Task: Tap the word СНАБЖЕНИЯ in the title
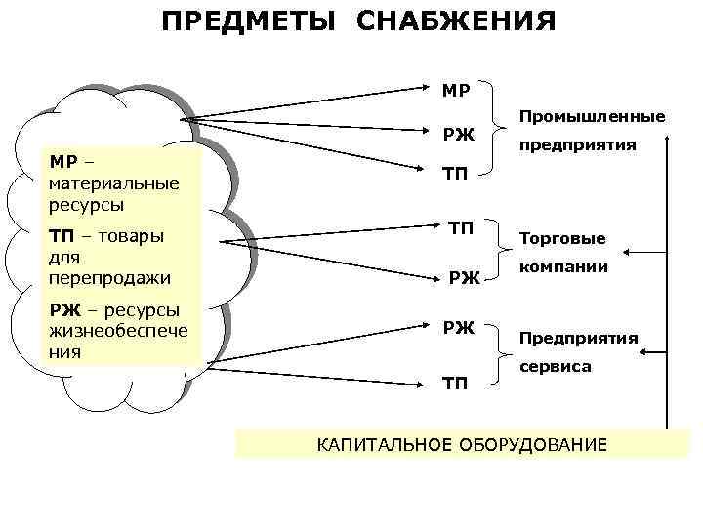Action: click(456, 21)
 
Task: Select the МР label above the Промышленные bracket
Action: click(456, 92)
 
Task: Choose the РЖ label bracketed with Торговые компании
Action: click(464, 280)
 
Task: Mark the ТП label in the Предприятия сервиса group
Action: click(456, 385)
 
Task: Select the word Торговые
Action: click(562, 238)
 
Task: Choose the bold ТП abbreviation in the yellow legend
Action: click(59, 235)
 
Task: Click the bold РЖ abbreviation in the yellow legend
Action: click(60, 310)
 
